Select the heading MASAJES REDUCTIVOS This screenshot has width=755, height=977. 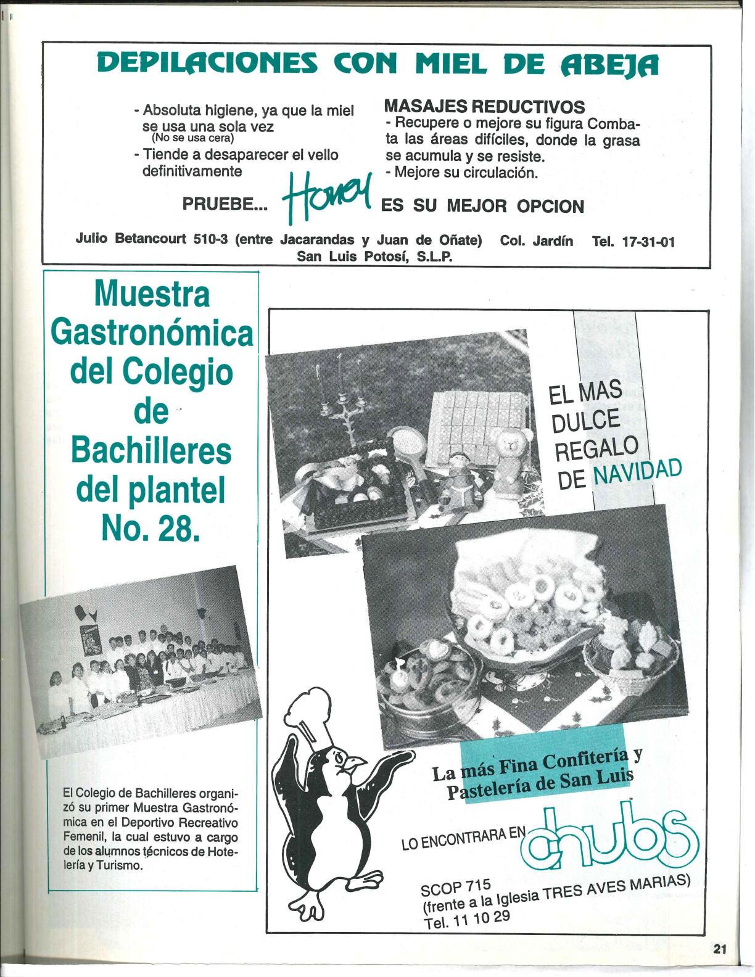[484, 106]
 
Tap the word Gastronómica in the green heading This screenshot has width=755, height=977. [152, 334]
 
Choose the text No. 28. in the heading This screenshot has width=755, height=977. [150, 528]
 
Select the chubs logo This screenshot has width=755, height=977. [608, 838]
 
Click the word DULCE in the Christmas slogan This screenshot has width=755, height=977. [586, 421]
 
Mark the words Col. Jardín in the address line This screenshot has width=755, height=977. [537, 241]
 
